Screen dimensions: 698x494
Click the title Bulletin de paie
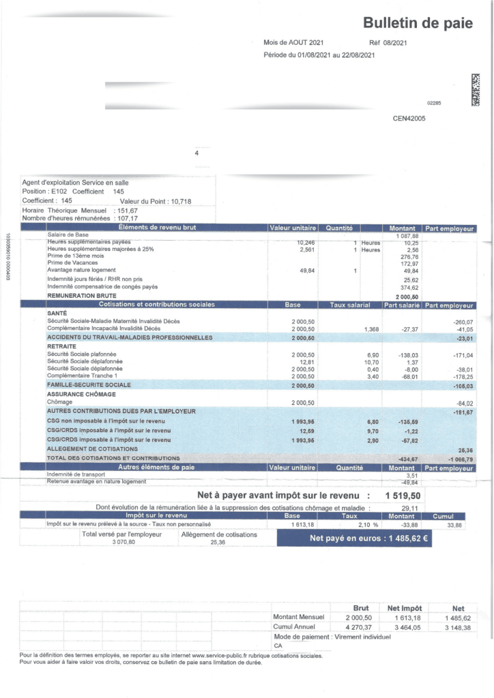[418, 24]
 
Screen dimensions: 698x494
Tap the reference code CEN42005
[409, 118]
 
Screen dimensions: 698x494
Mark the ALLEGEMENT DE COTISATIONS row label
[92, 449]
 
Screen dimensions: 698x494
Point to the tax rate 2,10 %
[368, 524]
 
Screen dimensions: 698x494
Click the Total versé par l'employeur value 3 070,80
[121, 543]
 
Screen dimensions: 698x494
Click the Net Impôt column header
[405, 607]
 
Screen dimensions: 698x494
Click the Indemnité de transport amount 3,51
[410, 475]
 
